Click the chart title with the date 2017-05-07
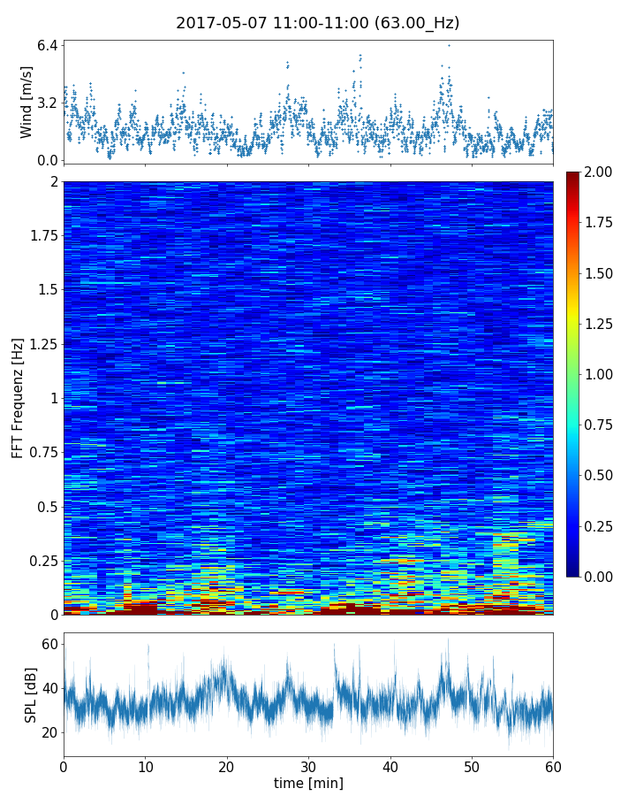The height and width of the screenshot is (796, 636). tap(317, 23)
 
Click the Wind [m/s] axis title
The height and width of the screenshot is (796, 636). tap(26, 102)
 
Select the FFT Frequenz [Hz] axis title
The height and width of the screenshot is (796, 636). tap(18, 397)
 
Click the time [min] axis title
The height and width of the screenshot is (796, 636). tap(308, 783)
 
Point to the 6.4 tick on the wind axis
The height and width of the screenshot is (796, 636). tap(47, 45)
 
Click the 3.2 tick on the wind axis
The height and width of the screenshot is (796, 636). tap(47, 103)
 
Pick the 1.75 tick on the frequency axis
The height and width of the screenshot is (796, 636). tap(41, 236)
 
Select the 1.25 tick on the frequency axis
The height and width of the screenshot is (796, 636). tap(41, 344)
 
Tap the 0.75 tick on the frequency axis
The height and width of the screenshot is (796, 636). tap(41, 452)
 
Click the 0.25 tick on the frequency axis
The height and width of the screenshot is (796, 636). tap(41, 561)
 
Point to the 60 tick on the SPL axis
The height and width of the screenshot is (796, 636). tap(49, 645)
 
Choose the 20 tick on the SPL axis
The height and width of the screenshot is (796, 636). tap(49, 732)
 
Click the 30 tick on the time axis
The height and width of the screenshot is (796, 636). tap(308, 765)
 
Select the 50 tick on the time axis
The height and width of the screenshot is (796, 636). tap(472, 765)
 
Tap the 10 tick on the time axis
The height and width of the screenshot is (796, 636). tap(145, 765)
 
